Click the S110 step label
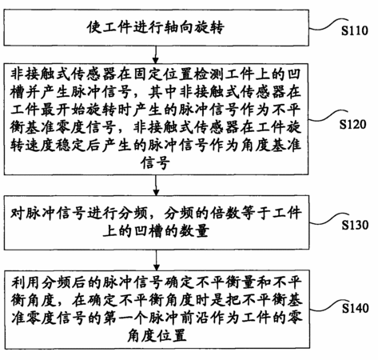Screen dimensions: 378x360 355,30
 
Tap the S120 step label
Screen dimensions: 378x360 352,125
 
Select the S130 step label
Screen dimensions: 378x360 355,225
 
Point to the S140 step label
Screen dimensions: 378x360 356,308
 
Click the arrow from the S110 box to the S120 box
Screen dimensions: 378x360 156,54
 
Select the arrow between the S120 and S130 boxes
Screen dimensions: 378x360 156,185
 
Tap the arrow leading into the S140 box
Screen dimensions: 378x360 157,260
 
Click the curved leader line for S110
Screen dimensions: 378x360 328,25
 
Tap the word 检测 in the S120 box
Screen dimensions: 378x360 208,74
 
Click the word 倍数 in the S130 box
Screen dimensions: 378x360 225,214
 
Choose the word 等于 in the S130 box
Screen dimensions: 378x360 256,214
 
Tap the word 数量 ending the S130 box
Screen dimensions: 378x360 193,231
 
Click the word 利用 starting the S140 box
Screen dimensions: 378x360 26,282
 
